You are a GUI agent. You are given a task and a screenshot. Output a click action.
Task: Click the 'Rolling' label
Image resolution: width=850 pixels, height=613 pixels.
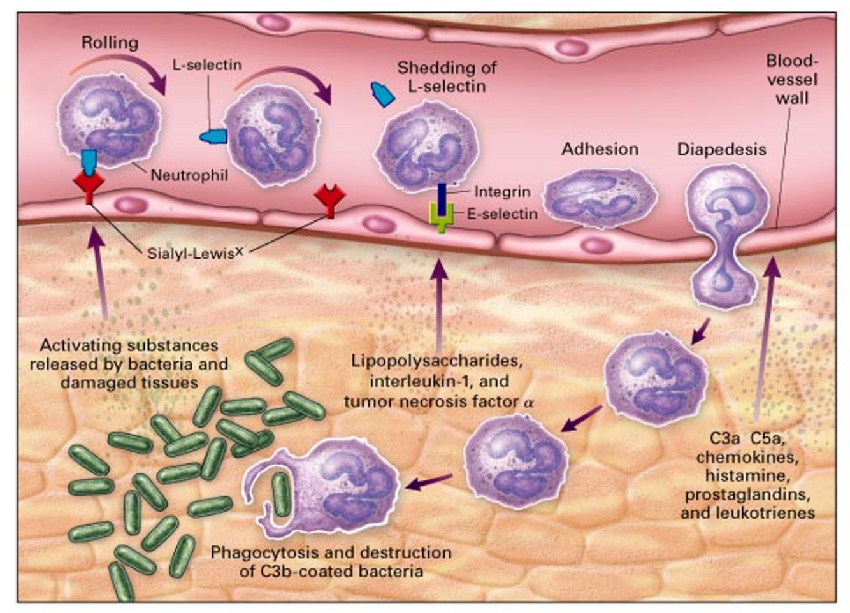tap(110, 43)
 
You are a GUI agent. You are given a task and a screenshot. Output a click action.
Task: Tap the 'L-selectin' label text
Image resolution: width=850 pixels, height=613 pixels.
tap(207, 64)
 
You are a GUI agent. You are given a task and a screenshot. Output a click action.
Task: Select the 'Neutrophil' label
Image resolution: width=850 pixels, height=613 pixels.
tap(189, 175)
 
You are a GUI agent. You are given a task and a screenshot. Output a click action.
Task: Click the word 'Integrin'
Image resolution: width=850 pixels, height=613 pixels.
tap(502, 191)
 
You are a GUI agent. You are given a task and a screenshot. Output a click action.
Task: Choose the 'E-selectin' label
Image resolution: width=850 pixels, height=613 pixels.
tap(502, 214)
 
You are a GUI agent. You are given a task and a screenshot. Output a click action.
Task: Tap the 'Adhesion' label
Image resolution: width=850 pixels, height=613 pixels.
tap(600, 149)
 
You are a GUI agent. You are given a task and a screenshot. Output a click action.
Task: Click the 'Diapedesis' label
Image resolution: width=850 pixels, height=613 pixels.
tap(721, 149)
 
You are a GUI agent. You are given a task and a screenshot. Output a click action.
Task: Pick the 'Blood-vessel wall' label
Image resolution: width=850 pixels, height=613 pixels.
tap(792, 80)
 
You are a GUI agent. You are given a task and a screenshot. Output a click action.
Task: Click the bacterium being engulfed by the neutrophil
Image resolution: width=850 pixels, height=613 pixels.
tap(280, 494)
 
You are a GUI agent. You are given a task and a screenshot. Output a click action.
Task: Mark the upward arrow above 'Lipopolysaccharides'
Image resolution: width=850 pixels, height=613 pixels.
tap(438, 299)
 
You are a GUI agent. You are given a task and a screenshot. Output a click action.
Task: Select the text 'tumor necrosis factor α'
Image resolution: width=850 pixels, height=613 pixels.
tap(438, 402)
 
